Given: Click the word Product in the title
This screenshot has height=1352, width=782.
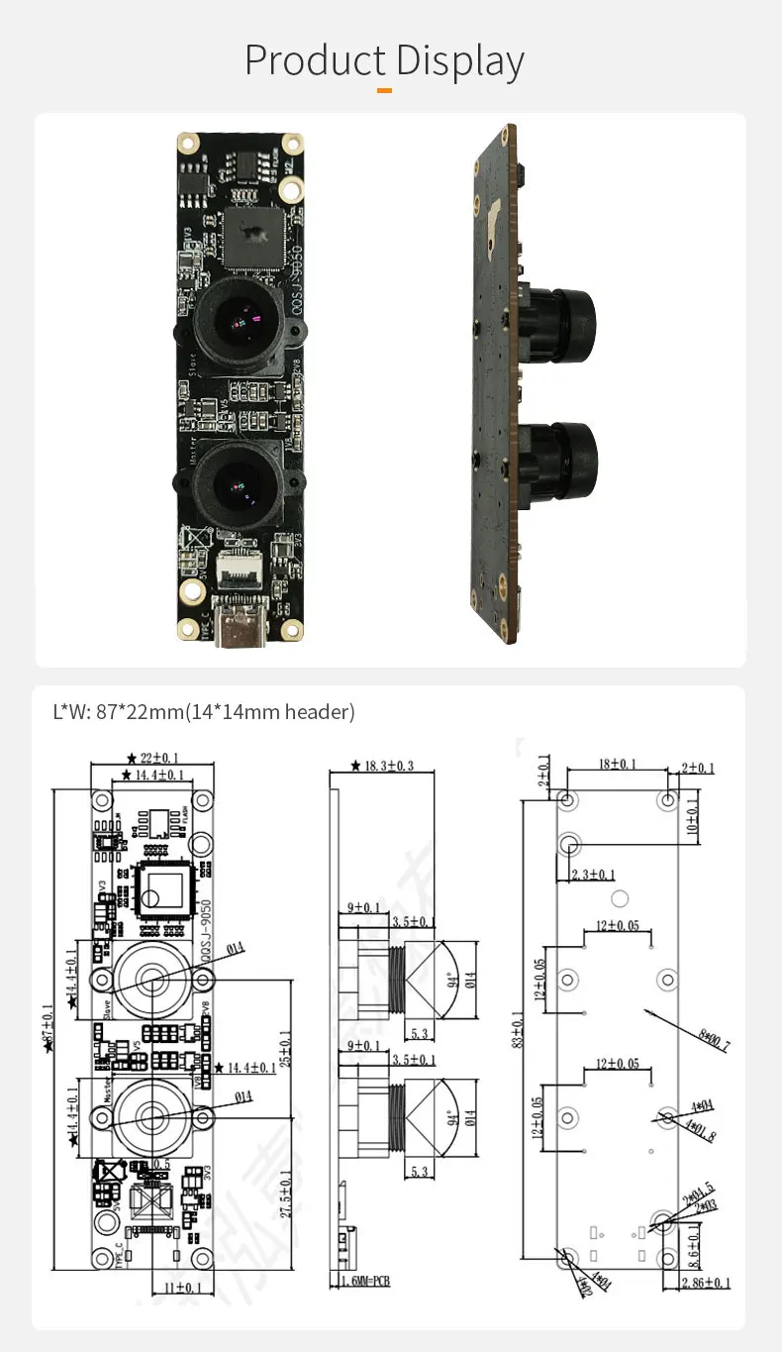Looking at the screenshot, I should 312,60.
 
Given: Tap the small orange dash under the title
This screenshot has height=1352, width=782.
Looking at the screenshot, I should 385,90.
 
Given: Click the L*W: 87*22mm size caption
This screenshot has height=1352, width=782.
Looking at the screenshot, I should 204,711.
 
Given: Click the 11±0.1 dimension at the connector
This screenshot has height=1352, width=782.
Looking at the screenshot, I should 181,1287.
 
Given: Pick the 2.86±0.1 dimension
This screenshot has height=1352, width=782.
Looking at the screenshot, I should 705,1283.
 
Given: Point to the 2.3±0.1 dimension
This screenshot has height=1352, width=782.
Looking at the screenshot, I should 594,874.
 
